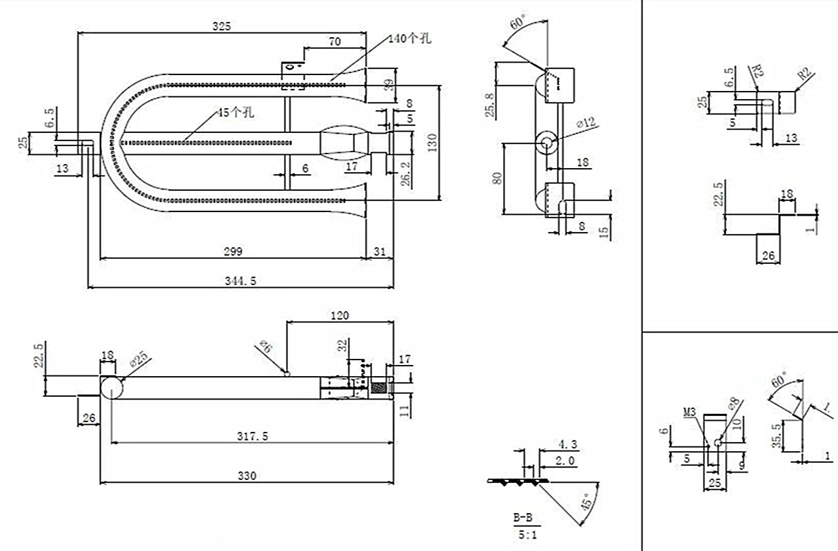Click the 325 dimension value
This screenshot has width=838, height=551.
(222, 26)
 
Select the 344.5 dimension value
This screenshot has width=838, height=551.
(241, 281)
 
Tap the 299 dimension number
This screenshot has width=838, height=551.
(233, 251)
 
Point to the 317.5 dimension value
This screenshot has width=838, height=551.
(252, 436)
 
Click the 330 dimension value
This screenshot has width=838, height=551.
(247, 476)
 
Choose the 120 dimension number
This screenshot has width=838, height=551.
(340, 315)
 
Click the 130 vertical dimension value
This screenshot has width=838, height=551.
(432, 143)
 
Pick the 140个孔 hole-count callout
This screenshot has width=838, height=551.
(410, 38)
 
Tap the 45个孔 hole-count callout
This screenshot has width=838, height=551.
(236, 112)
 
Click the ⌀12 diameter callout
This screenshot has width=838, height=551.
(586, 122)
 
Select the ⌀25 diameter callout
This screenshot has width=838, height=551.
(139, 359)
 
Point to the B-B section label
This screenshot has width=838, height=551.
(522, 518)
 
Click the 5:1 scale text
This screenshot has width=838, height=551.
(527, 535)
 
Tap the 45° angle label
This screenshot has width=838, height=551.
(586, 501)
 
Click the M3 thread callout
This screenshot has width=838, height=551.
(689, 413)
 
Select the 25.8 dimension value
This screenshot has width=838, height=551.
(490, 105)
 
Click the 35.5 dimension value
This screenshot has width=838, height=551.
(777, 435)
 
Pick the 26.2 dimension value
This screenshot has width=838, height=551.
(405, 174)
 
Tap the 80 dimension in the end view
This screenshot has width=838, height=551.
(498, 178)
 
